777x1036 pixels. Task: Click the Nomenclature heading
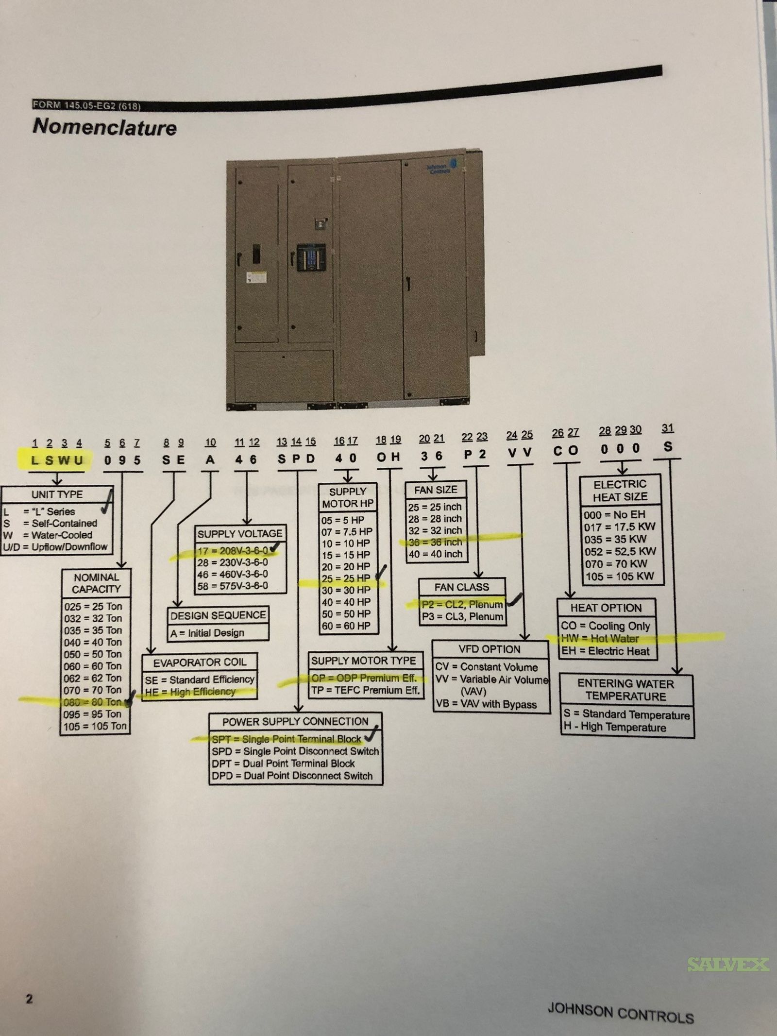tap(104, 127)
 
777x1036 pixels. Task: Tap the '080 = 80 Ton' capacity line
tap(92, 702)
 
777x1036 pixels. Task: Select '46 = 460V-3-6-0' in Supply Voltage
tap(233, 574)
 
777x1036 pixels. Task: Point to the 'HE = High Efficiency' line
tap(190, 692)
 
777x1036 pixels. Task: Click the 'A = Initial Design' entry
tap(207, 633)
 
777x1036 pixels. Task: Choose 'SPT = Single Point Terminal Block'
tap(287, 739)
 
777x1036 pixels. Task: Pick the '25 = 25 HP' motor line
tap(346, 578)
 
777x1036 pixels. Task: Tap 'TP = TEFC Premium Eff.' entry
tap(366, 690)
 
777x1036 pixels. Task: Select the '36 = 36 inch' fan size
tap(435, 542)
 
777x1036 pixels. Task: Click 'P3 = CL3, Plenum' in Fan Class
tap(462, 617)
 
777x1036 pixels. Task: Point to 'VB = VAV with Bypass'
tap(486, 704)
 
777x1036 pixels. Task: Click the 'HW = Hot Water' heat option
tap(600, 639)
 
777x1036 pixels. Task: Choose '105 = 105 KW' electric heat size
tap(619, 577)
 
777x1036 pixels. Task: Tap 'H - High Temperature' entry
tap(615, 727)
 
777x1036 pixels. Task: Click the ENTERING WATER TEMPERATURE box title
tap(625, 690)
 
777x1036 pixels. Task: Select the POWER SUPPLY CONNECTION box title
tap(295, 722)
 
